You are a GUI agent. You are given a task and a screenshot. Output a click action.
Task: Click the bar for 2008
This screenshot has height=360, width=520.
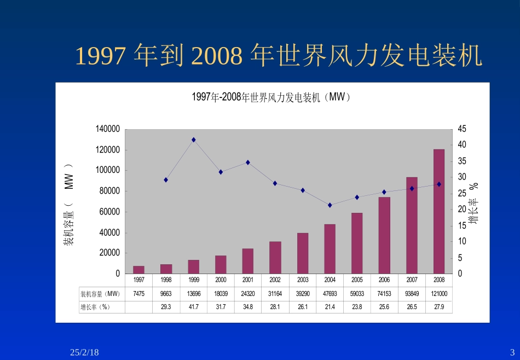coord(439,211)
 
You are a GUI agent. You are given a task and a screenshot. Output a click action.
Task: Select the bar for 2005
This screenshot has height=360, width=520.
coord(357,243)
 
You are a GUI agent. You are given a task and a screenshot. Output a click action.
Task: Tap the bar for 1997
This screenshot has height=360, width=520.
coord(139,269)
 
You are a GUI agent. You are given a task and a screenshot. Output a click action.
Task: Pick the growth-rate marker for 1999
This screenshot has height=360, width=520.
coord(194,140)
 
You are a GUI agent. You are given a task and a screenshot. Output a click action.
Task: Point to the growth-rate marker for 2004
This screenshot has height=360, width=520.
coord(330,205)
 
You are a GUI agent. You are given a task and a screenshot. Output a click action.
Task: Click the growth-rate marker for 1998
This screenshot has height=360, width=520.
coord(166,180)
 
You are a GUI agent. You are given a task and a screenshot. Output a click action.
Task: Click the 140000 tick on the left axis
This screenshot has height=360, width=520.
coord(107,129)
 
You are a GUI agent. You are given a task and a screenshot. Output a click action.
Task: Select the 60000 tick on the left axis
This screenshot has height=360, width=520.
coord(109,212)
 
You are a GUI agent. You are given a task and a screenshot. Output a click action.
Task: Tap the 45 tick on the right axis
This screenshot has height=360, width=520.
coord(462,129)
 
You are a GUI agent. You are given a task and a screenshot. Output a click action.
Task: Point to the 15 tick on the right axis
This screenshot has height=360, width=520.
coord(462,225)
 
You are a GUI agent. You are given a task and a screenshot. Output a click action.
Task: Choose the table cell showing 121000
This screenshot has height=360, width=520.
coord(439,293)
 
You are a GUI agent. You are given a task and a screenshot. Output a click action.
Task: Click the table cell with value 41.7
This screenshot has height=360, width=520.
coord(194,307)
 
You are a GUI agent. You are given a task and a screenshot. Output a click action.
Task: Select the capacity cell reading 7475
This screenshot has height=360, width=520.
coord(139,293)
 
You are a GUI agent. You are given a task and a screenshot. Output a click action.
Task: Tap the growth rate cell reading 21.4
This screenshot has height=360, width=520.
coord(330,307)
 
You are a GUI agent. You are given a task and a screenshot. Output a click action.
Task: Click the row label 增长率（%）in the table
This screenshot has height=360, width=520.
coord(95,307)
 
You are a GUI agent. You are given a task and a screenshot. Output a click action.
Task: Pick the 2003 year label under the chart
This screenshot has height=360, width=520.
coord(303,280)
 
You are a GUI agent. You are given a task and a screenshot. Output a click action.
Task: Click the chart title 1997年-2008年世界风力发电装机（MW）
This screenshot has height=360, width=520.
coord(270,97)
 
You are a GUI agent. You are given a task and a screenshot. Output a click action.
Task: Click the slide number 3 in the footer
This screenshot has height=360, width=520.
coord(512,352)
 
